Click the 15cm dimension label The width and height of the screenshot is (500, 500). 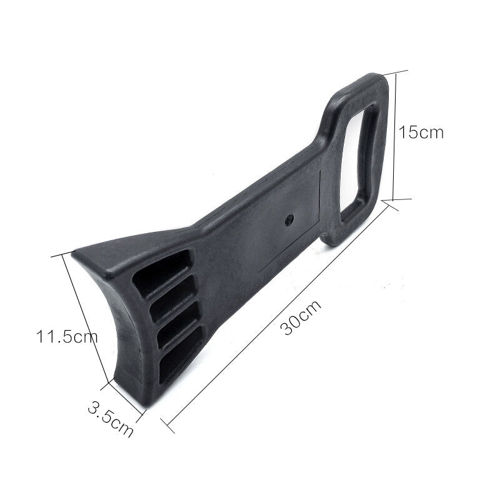coord(421,132)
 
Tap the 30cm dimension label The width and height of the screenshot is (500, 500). coord(302,317)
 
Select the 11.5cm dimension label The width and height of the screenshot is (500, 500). coord(66,337)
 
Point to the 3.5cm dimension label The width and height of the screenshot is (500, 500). coord(111,419)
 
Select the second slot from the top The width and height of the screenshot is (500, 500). coord(172,297)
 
